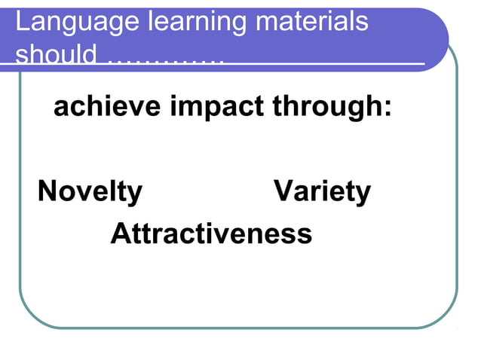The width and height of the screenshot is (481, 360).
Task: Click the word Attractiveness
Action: point(211,233)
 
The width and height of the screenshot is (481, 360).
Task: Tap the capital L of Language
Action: point(22,22)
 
